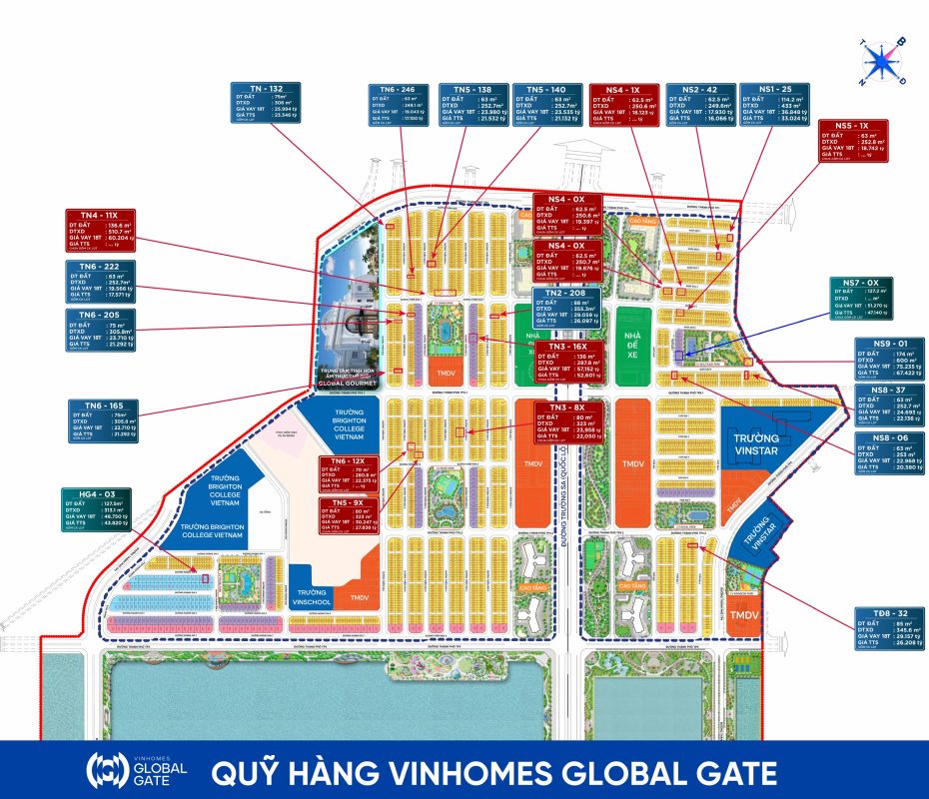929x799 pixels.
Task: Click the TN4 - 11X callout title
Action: (99, 215)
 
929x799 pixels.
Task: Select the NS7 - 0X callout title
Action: (859, 284)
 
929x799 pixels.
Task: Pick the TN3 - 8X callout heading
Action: (566, 406)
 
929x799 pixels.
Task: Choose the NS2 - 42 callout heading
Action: (703, 89)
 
